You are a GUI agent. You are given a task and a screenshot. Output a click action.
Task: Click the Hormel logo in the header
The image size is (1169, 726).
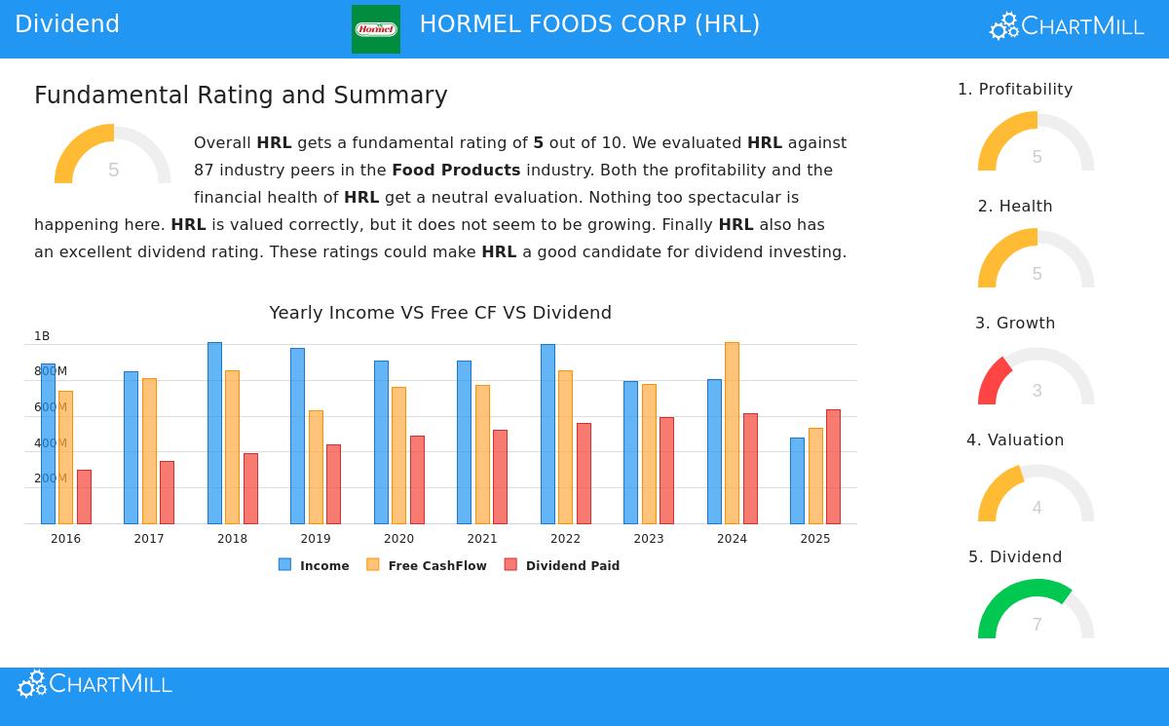(375, 29)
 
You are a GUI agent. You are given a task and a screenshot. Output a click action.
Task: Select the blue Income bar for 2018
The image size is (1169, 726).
(214, 433)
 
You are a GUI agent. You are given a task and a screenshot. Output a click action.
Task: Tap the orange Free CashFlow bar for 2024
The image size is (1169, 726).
(732, 433)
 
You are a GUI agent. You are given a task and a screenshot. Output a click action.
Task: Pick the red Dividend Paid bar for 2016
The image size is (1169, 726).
(84, 497)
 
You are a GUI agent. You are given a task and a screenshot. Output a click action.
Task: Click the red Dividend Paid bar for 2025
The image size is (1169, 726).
(833, 467)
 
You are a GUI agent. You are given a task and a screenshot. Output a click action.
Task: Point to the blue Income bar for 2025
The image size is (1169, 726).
(797, 480)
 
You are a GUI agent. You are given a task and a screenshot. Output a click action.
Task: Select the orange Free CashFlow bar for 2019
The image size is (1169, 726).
(316, 467)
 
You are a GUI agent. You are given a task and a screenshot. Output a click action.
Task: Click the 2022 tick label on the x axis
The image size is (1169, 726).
(565, 539)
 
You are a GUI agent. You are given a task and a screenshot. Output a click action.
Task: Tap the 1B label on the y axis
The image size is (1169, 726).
(42, 336)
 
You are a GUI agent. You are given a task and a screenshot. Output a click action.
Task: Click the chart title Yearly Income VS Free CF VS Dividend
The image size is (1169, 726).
(440, 313)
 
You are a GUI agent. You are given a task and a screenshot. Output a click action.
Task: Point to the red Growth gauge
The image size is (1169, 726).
(994, 380)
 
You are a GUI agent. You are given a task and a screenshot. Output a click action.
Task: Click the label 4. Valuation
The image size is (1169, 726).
(1015, 440)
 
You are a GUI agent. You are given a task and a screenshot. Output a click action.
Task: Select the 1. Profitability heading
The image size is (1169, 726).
(1015, 90)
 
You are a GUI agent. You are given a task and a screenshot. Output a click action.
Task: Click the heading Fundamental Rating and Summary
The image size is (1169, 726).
(241, 96)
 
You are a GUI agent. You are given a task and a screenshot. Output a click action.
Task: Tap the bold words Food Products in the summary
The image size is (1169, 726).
(456, 171)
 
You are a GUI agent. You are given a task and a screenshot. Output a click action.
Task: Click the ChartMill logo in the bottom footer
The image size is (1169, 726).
(94, 684)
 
